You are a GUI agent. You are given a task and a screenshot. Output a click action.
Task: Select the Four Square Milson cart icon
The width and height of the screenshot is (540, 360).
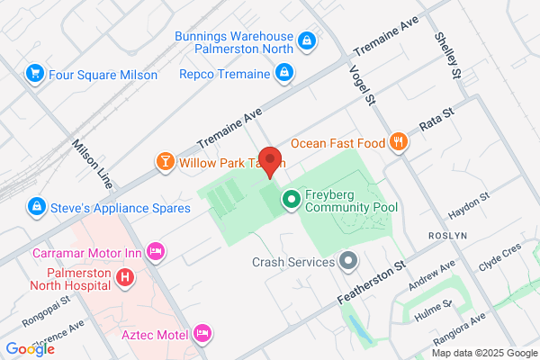click(x=35, y=74)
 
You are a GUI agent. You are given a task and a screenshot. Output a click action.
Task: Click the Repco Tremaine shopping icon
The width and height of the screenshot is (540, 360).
click(x=283, y=74)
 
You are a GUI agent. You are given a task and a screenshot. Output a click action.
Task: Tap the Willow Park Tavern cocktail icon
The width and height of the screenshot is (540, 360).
click(x=165, y=163)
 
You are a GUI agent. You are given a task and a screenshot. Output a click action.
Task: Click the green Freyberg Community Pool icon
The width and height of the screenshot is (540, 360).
click(x=291, y=199)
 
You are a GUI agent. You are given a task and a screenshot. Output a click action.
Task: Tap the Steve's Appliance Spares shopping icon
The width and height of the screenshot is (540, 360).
click(x=35, y=207)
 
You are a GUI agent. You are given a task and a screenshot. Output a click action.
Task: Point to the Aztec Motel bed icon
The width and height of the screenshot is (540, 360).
click(x=202, y=334)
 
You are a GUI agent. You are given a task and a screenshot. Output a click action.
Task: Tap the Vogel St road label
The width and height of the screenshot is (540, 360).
click(x=360, y=80)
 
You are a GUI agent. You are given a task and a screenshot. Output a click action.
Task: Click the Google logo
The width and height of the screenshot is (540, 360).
click(x=30, y=348)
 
